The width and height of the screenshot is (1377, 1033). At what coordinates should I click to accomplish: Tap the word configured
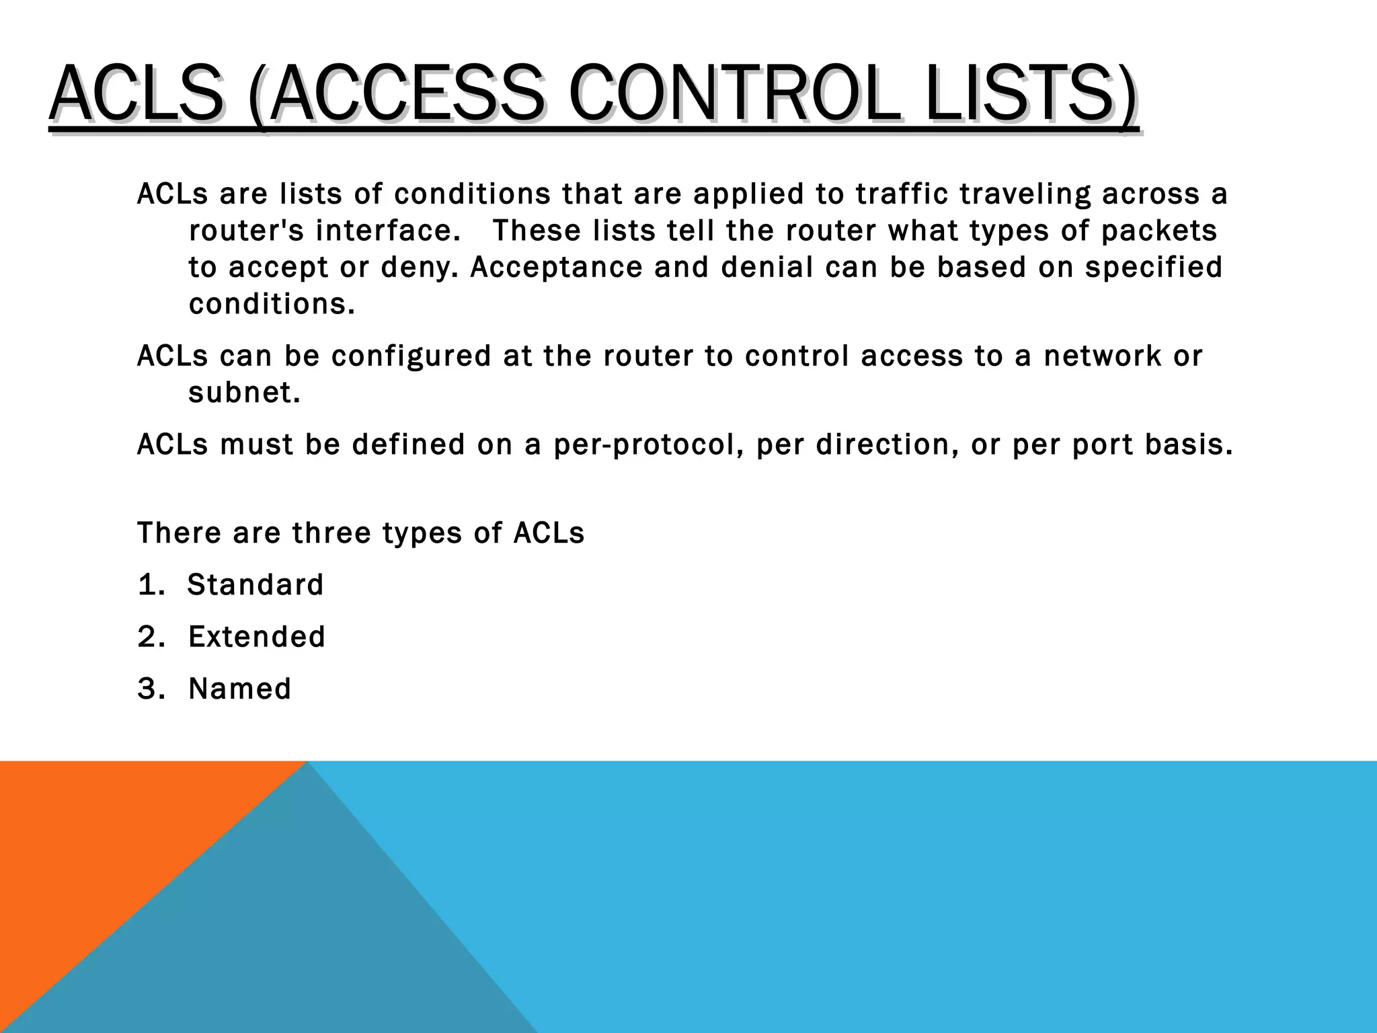click(411, 356)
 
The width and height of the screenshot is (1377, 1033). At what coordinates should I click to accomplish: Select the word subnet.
click(244, 393)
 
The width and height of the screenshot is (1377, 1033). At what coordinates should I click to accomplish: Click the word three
click(331, 533)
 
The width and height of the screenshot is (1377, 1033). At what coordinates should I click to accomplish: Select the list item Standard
click(255, 584)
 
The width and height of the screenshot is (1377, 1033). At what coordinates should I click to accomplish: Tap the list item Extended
click(257, 636)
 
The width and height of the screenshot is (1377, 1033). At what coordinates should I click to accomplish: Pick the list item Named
click(240, 689)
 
